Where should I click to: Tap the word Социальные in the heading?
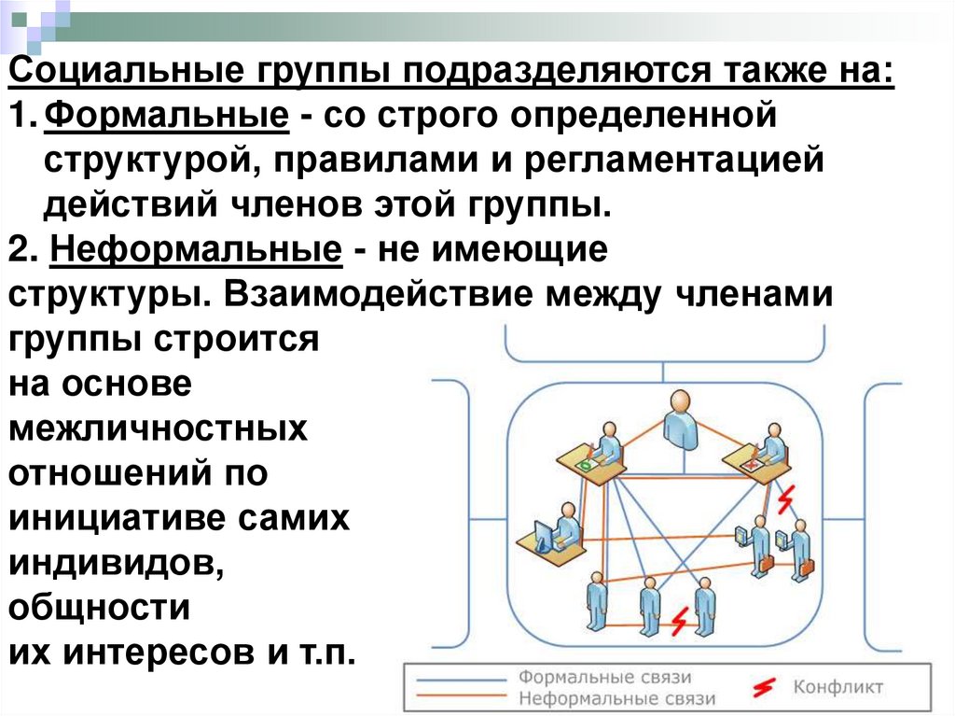121,73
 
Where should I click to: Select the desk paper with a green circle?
586,463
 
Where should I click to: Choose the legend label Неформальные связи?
616,697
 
